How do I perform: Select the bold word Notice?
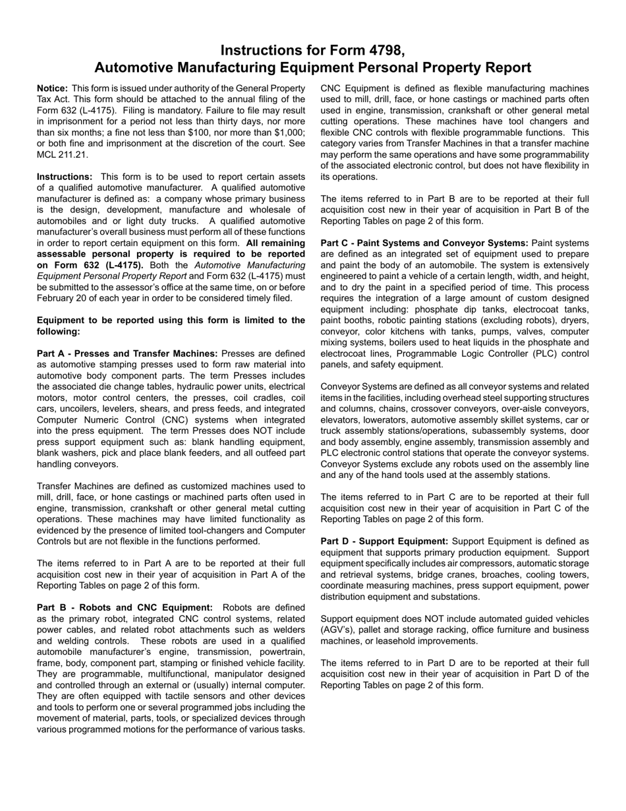pyautogui.click(x=52, y=88)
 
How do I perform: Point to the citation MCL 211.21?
pyautogui.click(x=62, y=155)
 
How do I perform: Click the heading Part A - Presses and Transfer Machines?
pyautogui.click(x=127, y=353)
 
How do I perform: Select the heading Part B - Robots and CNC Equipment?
pyautogui.click(x=125, y=607)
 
